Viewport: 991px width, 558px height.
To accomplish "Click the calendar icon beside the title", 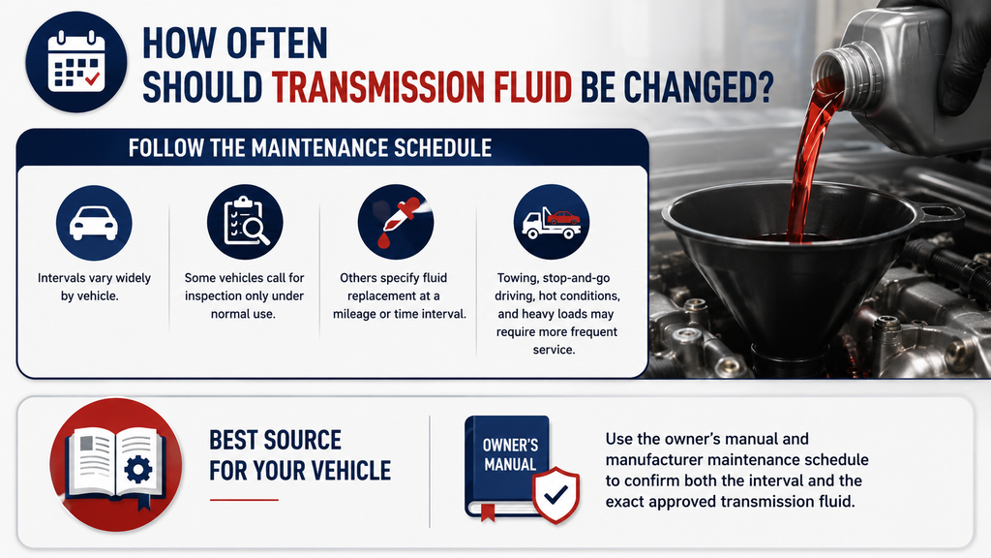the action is pos(75,62).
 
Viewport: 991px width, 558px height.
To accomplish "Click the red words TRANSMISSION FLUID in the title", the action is pos(422,87).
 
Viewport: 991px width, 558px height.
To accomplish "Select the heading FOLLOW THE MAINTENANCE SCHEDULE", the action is pos(310,148).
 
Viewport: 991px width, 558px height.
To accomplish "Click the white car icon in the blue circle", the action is pos(94,224).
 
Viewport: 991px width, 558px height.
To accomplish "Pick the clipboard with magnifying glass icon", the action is pos(245,222).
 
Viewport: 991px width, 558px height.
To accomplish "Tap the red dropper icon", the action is pos(396,222).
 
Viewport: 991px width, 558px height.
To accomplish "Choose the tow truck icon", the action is pos(551,223).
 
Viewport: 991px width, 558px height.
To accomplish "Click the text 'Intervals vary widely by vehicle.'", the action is pos(94,287).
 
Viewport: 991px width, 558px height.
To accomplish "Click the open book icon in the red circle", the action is pos(116,464).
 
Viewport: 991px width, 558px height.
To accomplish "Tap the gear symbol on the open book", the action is pos(137,469).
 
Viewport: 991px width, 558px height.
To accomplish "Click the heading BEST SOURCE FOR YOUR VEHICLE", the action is pos(300,455).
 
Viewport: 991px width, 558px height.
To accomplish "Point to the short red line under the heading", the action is pos(244,500).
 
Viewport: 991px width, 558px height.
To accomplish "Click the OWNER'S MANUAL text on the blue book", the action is pos(510,454).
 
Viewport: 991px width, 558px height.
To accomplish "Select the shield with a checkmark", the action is pos(556,495).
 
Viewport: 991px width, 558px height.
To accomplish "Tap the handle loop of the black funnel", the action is pos(937,215).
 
